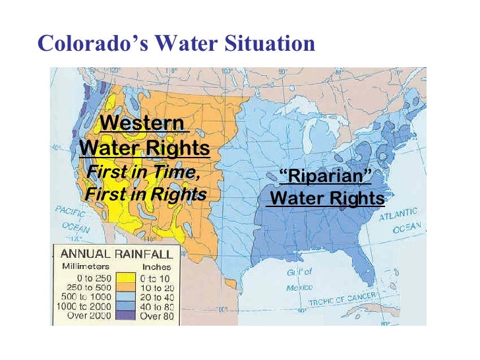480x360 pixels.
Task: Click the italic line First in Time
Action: (x=143, y=173)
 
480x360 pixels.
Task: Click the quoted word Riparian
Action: (x=326, y=176)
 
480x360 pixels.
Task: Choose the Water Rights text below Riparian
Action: (x=327, y=198)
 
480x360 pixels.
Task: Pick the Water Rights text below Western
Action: (x=144, y=148)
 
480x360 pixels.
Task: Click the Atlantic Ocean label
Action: (x=400, y=220)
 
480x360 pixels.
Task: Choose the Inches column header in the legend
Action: (x=156, y=266)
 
